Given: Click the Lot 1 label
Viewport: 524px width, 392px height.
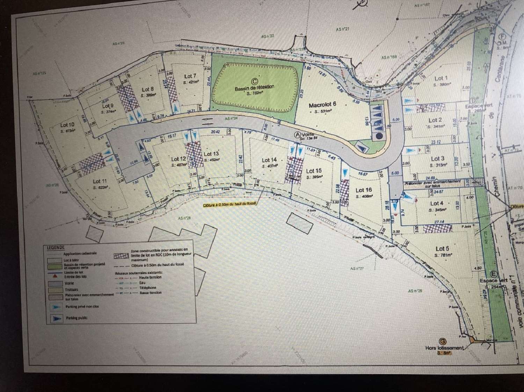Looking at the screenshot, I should point(441,78).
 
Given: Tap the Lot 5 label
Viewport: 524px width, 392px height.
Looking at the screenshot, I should point(442,249).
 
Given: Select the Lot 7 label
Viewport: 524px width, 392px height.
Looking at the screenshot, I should point(190,76).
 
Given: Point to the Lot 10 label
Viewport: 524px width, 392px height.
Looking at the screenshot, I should point(67,125).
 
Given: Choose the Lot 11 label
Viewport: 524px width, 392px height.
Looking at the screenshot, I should point(100,181).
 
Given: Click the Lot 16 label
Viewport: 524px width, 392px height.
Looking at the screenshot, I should point(364,190).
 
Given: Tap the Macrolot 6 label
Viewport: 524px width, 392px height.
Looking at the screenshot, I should point(322,104).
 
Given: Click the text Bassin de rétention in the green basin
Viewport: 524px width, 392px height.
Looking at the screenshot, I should point(254,88).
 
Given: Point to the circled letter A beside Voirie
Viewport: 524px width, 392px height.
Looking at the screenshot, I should point(298,134).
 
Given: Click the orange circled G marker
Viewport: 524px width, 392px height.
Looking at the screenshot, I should point(443,341).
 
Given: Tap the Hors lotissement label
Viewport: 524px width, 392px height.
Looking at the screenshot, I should point(444,348).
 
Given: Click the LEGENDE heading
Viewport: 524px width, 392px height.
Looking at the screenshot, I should point(56,248).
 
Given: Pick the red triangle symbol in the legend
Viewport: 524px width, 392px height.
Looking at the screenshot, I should point(55,276).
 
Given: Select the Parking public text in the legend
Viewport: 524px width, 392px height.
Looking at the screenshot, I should point(77,318).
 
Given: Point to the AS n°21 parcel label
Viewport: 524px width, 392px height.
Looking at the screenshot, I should point(342,29).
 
